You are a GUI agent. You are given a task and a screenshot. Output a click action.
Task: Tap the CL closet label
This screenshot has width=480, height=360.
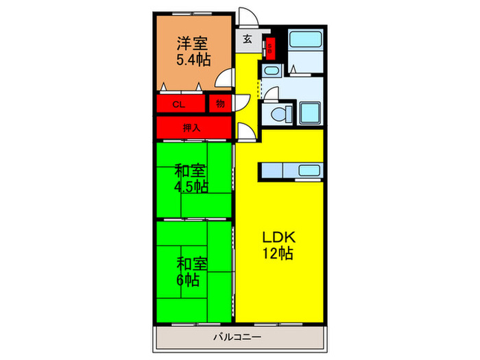click(178, 105)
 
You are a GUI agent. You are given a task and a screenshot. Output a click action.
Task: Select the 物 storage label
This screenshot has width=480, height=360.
click(219, 104)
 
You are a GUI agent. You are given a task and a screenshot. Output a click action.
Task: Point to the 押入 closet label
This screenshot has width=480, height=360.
click(192, 128)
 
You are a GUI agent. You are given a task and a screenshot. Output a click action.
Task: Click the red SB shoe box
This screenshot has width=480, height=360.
click(270, 48)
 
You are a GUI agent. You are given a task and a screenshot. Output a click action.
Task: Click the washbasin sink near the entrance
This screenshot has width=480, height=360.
click(270, 71)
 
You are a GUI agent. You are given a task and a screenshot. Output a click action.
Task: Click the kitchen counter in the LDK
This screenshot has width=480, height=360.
click(289, 171)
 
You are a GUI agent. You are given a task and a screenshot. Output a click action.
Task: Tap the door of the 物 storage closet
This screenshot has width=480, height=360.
click(241, 104)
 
